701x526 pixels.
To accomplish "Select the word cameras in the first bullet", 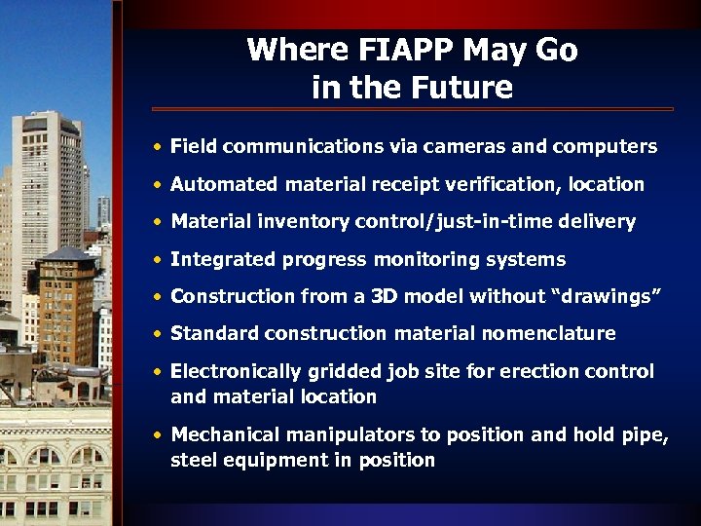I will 461,147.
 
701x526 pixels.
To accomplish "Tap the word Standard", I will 210,333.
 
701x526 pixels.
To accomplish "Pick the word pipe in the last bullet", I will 646,435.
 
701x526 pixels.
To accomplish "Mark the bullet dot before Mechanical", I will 157,435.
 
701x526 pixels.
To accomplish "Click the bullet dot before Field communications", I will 157,147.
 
